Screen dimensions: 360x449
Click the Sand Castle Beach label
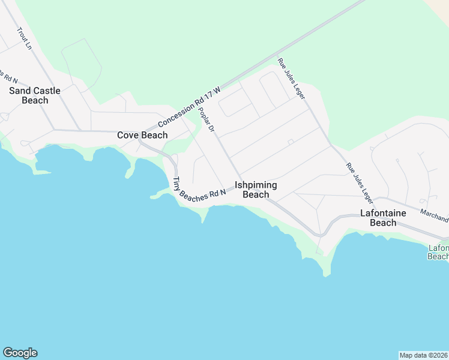(x=35, y=95)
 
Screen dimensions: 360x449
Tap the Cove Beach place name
(x=142, y=135)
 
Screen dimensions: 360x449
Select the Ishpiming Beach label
(x=256, y=190)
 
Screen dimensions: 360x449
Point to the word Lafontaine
(x=383, y=213)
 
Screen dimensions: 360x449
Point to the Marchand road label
(x=434, y=215)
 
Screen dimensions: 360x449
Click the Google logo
(x=20, y=353)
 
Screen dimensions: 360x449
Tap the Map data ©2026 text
(x=423, y=355)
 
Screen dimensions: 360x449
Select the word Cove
(x=128, y=135)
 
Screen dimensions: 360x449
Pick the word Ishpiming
(x=256, y=185)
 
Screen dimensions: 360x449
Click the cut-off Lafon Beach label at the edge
(x=438, y=252)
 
